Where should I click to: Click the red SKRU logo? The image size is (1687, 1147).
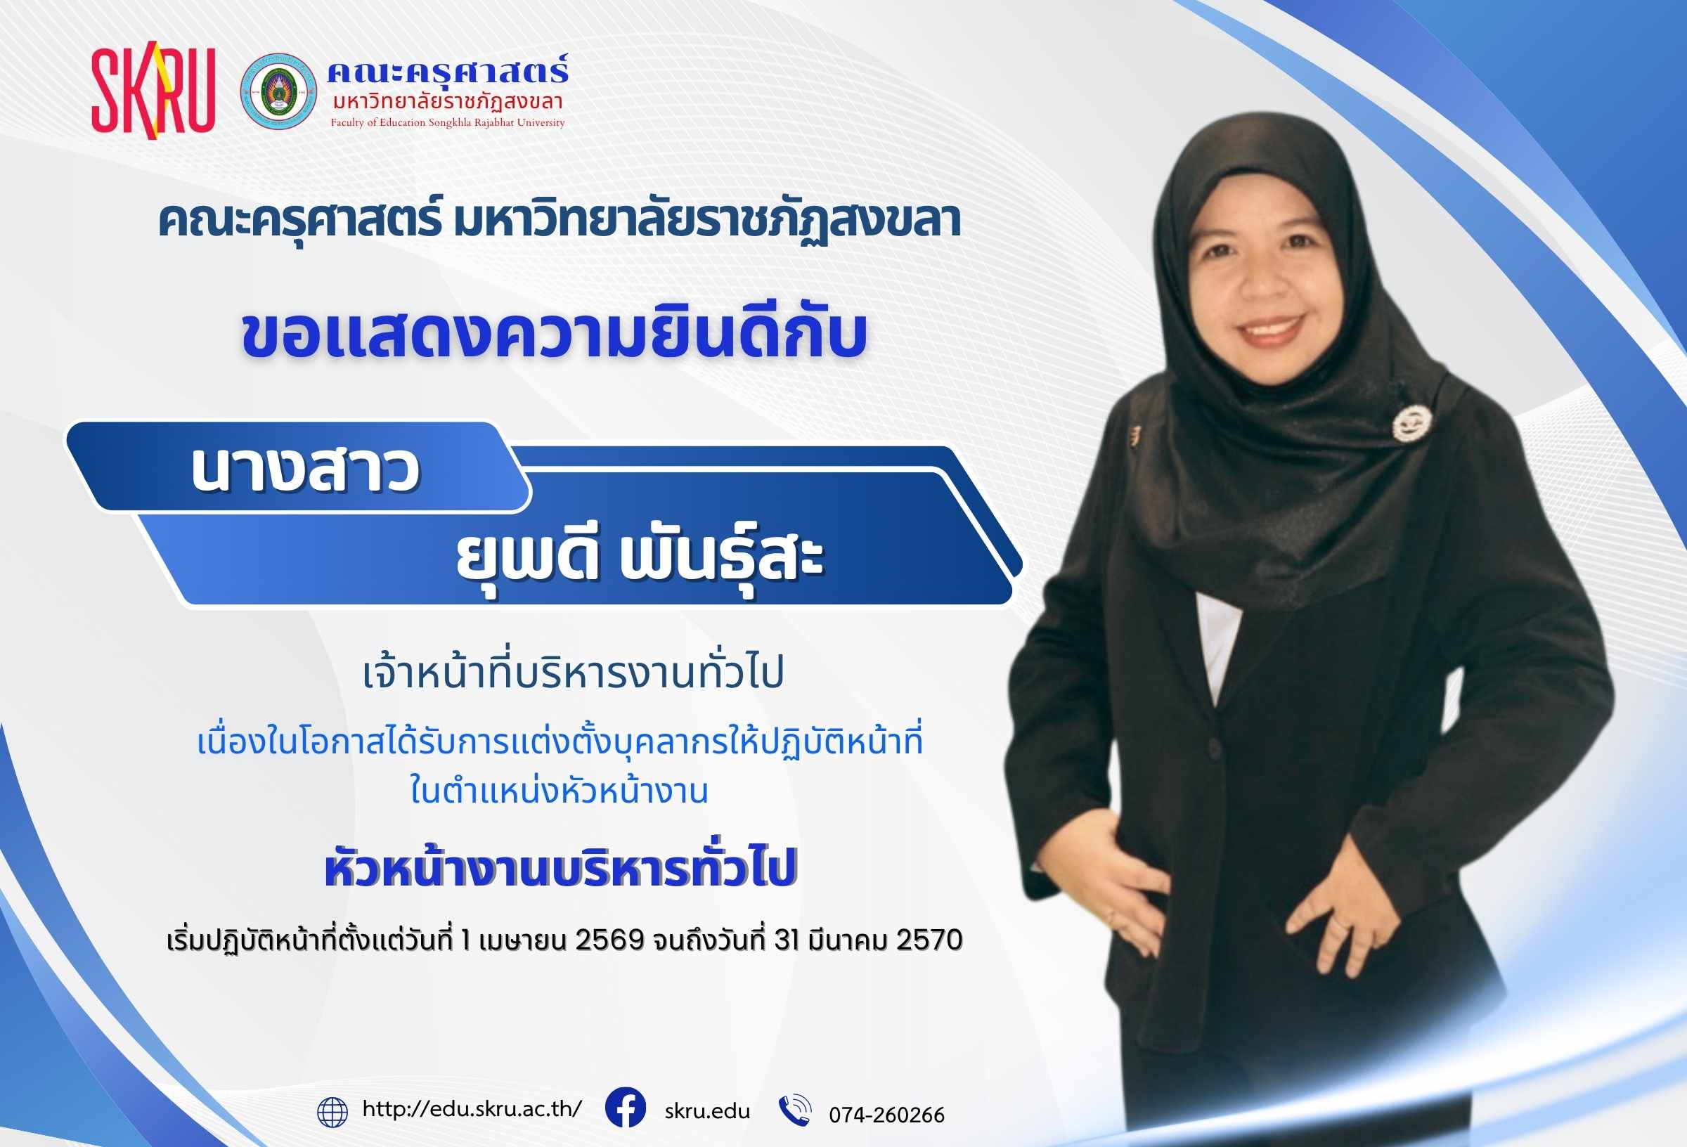(x=153, y=90)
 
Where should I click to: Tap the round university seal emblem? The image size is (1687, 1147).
(x=279, y=91)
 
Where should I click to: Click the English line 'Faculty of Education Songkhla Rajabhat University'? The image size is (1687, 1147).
(x=448, y=123)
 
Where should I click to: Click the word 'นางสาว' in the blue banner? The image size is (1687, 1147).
(x=306, y=470)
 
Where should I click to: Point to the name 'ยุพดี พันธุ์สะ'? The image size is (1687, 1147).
(x=640, y=559)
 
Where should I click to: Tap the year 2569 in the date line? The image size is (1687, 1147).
(x=609, y=940)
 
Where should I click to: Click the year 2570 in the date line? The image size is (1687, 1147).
(x=930, y=940)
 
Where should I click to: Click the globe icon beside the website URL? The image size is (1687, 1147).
(x=333, y=1111)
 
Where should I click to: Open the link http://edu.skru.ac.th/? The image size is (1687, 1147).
(x=472, y=1109)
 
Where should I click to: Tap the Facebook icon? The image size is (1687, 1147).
(x=625, y=1108)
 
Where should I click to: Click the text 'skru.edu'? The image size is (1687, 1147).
(x=707, y=1110)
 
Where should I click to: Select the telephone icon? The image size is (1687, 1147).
(x=794, y=1110)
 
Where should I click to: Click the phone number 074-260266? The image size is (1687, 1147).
(x=887, y=1115)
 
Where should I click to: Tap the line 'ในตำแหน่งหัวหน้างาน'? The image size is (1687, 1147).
(x=559, y=790)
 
